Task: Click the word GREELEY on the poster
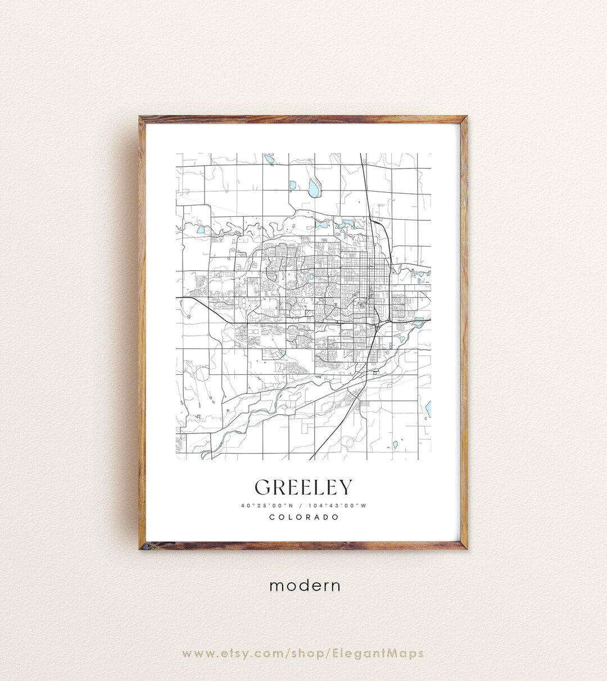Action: (303, 487)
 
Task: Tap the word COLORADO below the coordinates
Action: (303, 517)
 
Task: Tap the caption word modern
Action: (305, 585)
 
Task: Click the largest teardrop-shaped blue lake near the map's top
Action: (313, 188)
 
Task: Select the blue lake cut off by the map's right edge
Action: (428, 407)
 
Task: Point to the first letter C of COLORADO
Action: (272, 517)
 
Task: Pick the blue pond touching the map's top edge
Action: (269, 157)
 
